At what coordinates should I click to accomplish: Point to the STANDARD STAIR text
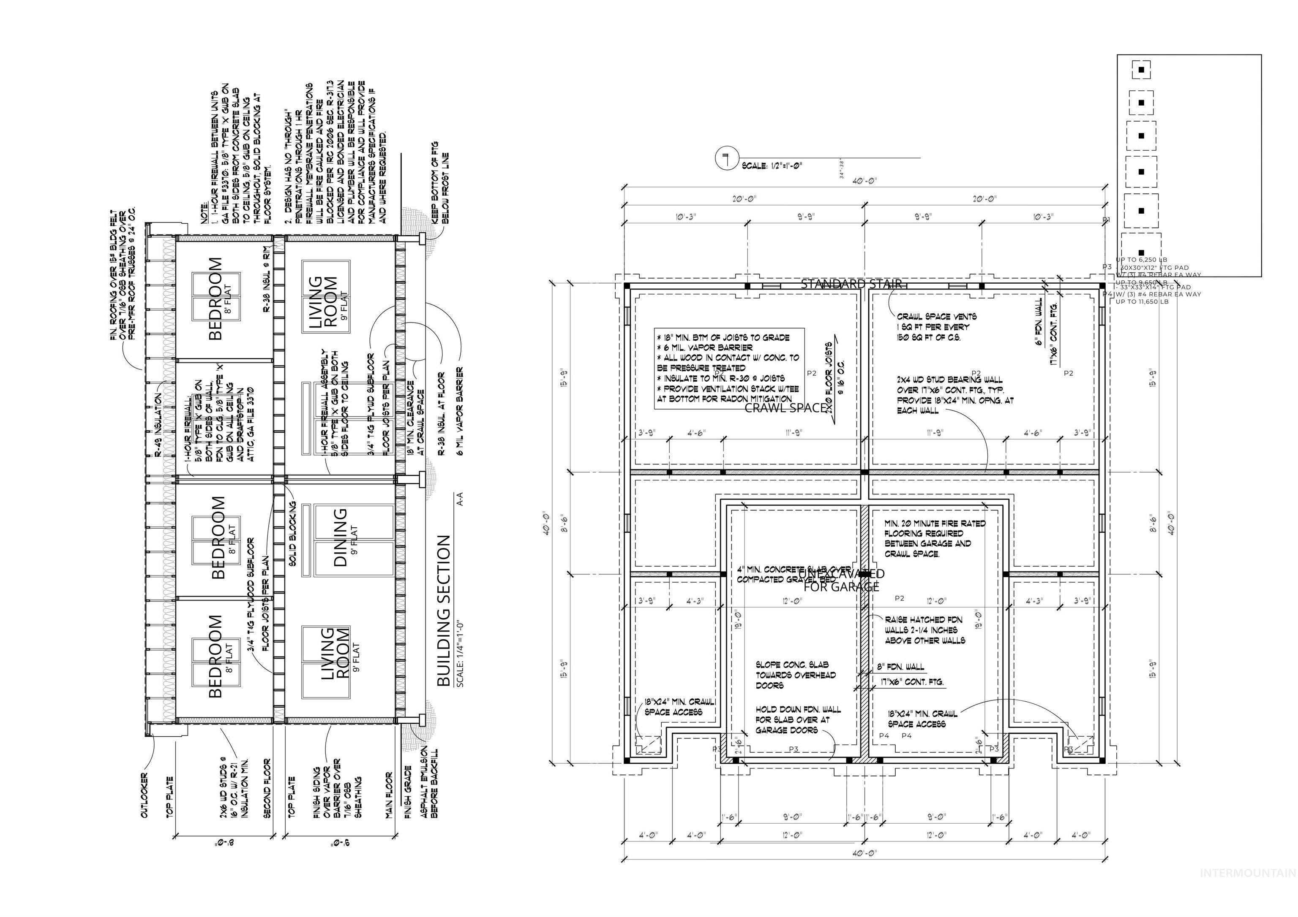(x=851, y=284)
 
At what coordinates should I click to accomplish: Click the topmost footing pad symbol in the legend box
(x=1141, y=70)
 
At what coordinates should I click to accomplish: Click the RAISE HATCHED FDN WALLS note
(x=925, y=630)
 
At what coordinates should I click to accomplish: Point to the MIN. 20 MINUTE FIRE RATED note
(x=935, y=538)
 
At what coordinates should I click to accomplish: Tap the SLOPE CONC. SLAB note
(x=796, y=675)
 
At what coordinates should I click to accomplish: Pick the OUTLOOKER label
(x=144, y=795)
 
